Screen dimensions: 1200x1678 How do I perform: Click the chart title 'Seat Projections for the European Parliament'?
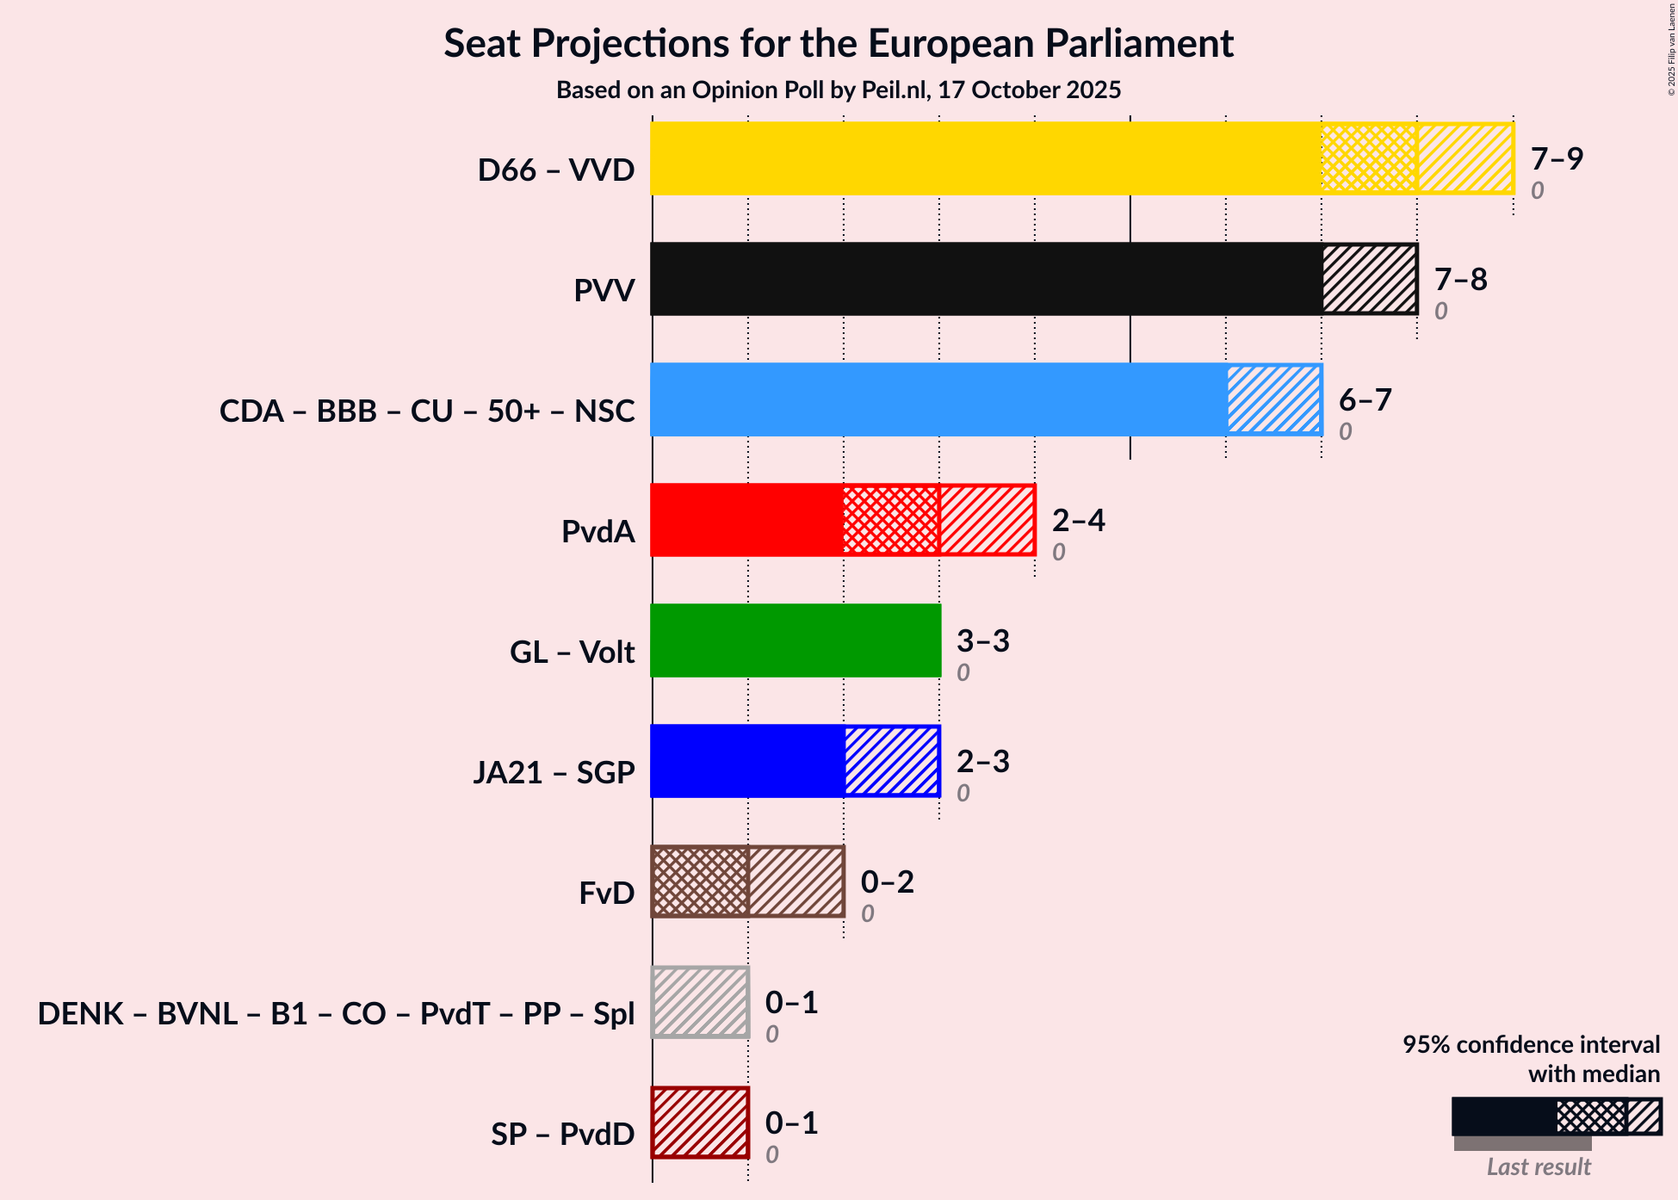click(839, 44)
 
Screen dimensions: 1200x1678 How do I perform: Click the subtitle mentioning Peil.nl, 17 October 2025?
click(839, 90)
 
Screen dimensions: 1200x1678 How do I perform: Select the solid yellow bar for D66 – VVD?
click(986, 158)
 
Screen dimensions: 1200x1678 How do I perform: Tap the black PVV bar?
click(986, 279)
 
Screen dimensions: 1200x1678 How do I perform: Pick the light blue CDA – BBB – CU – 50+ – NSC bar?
click(938, 399)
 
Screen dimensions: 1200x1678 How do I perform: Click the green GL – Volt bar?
click(796, 640)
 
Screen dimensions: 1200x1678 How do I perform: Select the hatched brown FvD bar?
click(747, 881)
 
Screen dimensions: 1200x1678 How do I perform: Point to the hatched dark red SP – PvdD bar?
click(700, 1123)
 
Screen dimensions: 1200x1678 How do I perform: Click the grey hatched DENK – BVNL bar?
click(700, 1002)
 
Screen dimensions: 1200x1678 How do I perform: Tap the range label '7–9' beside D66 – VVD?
click(1557, 159)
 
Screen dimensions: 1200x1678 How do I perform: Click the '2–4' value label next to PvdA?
click(1078, 521)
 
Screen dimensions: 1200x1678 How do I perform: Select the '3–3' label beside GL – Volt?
click(982, 641)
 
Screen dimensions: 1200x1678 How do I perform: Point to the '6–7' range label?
click(1365, 400)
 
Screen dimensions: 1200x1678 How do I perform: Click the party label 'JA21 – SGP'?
click(554, 772)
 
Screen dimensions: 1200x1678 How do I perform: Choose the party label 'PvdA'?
click(598, 531)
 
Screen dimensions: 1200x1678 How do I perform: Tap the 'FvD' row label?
click(606, 893)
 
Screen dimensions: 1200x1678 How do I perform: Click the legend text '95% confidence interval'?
click(1531, 1044)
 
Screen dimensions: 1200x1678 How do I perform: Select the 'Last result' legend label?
click(1539, 1166)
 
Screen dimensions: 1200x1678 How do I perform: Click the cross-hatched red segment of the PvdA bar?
click(891, 520)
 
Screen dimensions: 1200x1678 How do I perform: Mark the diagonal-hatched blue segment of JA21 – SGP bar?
click(892, 761)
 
